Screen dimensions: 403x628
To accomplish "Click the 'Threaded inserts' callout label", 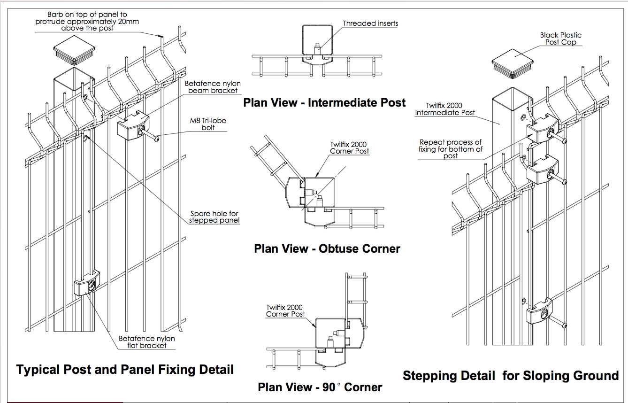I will (370, 23).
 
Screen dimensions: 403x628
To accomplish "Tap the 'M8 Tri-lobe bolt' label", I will (207, 124).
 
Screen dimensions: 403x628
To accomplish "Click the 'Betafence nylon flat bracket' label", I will (146, 342).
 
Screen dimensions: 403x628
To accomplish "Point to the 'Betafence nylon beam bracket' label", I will (213, 87).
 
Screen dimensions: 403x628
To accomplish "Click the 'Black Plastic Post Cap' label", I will (560, 39).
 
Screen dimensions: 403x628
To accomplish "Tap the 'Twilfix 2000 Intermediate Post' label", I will (445, 109).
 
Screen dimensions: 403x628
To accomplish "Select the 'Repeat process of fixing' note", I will (451, 149).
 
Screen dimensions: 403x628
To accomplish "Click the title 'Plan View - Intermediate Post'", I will (324, 102).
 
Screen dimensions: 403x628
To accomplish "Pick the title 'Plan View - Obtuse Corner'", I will (327, 248).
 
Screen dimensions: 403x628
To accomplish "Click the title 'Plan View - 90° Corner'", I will (320, 387).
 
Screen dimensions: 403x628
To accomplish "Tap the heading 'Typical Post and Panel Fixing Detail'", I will (125, 369).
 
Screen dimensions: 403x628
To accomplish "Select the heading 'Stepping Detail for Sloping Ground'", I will (511, 376).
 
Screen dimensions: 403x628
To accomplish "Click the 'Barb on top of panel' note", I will (87, 22).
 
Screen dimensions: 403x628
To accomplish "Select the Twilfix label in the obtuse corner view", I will (349, 147).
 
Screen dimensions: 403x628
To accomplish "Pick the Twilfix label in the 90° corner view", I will (285, 311).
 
